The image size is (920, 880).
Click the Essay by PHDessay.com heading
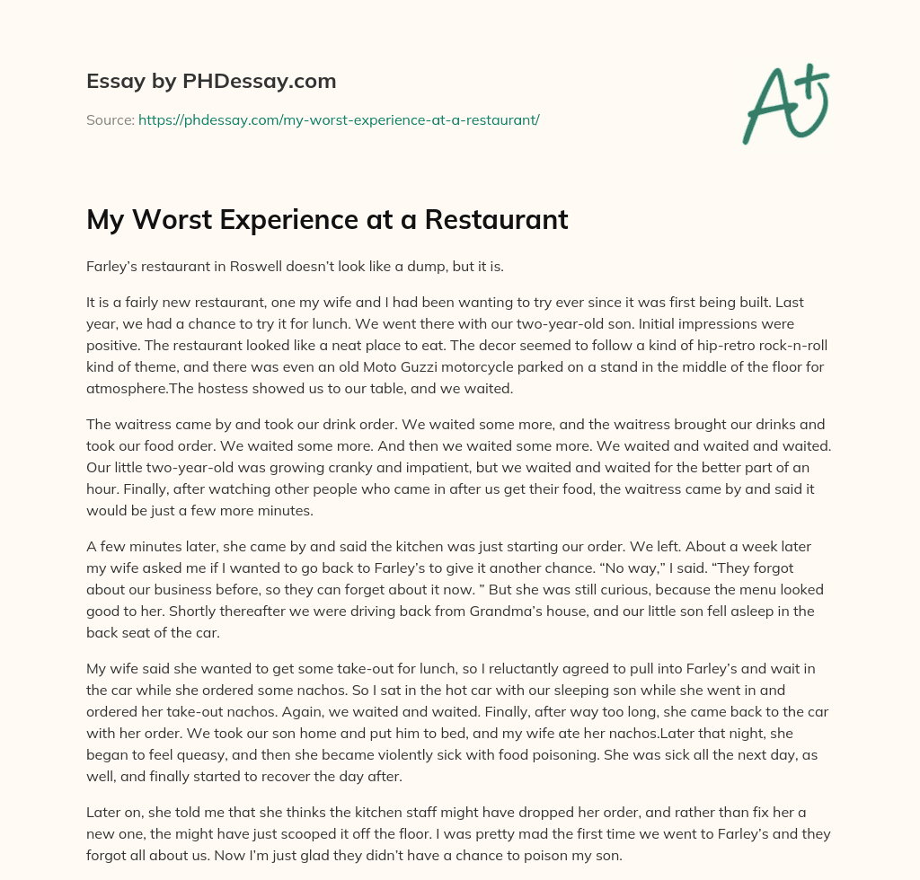[x=211, y=82]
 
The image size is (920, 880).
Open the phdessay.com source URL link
[x=339, y=119]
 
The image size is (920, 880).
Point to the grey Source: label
[x=110, y=119]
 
